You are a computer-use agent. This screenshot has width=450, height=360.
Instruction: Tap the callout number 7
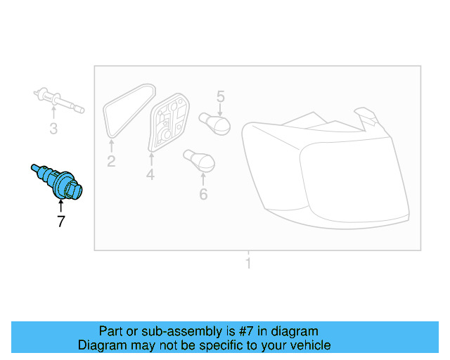[x=61, y=222]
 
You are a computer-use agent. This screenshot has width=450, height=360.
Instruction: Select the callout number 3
[x=53, y=129]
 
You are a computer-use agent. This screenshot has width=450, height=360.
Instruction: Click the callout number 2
[x=111, y=162]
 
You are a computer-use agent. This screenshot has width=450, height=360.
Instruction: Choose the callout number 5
[x=220, y=96]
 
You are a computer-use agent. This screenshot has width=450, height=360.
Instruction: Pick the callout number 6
[x=203, y=193]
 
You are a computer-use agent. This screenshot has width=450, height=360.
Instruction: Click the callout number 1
[x=247, y=264]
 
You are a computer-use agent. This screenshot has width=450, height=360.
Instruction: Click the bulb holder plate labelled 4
[x=169, y=123]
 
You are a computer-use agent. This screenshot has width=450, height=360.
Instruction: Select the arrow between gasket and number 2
[x=111, y=146]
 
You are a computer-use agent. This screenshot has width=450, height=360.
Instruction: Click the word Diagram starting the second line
[x=99, y=345]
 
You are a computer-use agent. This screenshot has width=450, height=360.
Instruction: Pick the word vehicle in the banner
[x=309, y=345]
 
